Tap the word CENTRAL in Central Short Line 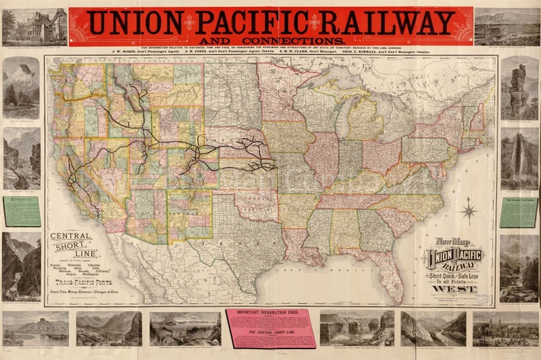pos(71,237)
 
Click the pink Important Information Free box pos(270,327)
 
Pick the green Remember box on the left pos(21,212)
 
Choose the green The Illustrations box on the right pos(519,212)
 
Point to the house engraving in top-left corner pos(34,27)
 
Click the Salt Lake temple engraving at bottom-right pos(505,329)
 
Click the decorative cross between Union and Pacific pos(190,22)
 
